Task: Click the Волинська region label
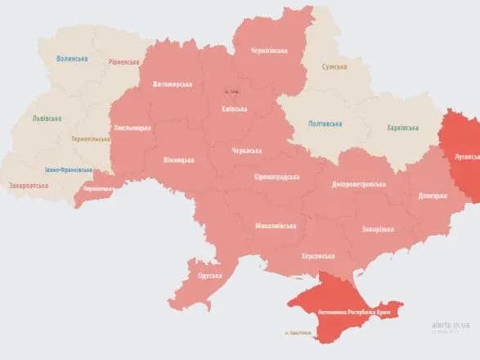pos(72,59)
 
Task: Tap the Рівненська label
pos(123,62)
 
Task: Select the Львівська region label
pos(46,118)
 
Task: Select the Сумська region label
pos(334,66)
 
